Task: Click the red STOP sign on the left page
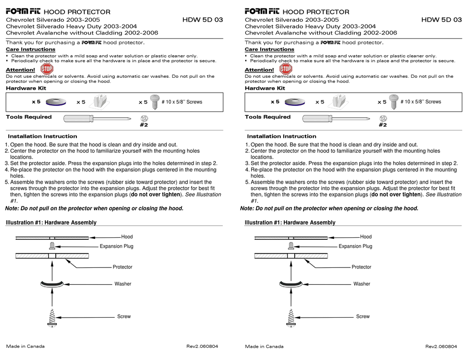(x=47, y=68)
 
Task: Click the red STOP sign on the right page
(x=286, y=68)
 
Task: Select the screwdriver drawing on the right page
(x=335, y=118)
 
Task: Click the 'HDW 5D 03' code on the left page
(x=202, y=20)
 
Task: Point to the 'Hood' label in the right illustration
(x=366, y=237)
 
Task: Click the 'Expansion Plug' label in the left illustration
(x=116, y=246)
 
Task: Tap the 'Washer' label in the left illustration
(x=123, y=284)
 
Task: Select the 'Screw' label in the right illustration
(x=363, y=316)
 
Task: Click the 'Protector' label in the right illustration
(x=361, y=267)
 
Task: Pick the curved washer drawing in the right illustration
(x=291, y=284)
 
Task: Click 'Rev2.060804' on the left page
(x=202, y=346)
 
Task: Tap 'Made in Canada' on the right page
(x=264, y=346)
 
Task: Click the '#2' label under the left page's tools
(x=144, y=125)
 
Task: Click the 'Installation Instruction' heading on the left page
(x=43, y=136)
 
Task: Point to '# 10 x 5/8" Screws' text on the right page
(x=421, y=102)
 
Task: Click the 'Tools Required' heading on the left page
(x=29, y=117)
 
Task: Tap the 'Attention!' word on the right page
(x=259, y=70)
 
